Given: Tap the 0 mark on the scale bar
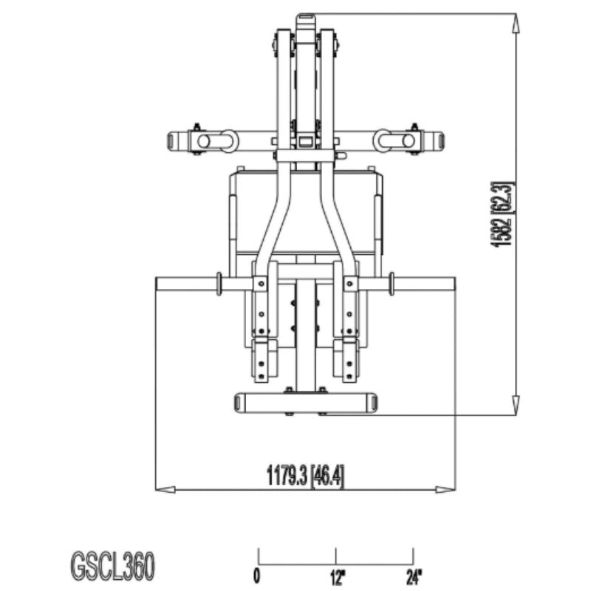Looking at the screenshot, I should [x=257, y=575].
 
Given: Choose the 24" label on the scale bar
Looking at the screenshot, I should [x=413, y=575].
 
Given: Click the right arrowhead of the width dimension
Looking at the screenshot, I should [x=446, y=489].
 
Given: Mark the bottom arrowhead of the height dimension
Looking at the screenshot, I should [x=515, y=406].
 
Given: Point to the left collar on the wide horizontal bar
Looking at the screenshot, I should [x=219, y=284].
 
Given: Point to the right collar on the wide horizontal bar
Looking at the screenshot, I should [x=392, y=284].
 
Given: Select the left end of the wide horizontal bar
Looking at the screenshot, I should [x=161, y=284].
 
